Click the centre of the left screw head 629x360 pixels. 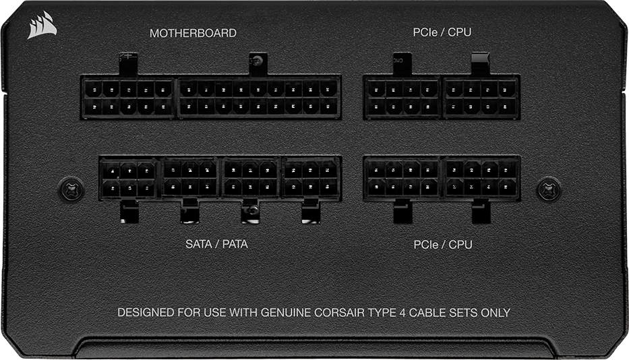(x=71, y=188)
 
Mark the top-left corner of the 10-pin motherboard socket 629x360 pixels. (x=81, y=76)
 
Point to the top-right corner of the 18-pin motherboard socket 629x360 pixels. (x=341, y=76)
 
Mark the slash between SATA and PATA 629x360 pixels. (x=216, y=244)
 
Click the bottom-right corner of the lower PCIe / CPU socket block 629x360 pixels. (x=520, y=201)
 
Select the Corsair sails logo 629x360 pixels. (x=41, y=25)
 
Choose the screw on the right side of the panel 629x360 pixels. (x=548, y=188)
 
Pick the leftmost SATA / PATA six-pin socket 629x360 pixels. (x=128, y=179)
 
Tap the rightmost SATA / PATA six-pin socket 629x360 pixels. (x=311, y=177)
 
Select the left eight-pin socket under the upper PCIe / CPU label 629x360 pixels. (x=402, y=98)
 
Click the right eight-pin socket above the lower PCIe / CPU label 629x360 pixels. (x=481, y=178)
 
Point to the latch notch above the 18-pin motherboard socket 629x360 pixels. (x=258, y=64)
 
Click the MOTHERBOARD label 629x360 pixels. (x=193, y=33)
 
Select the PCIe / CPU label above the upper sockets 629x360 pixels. (x=442, y=32)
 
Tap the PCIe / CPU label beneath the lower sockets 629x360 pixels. (x=443, y=245)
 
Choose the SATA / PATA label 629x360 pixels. (x=216, y=244)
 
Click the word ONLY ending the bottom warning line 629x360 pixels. (x=496, y=313)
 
